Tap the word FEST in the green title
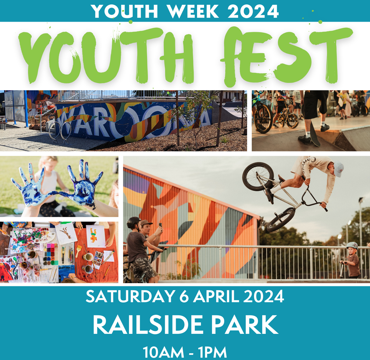pyautogui.click(x=286, y=55)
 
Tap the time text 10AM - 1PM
pyautogui.click(x=185, y=352)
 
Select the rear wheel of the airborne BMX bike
pyautogui.click(x=258, y=177)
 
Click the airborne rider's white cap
pyautogui.click(x=339, y=169)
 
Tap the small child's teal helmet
pyautogui.click(x=352, y=246)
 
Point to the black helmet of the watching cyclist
pyautogui.click(x=134, y=222)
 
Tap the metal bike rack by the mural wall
pyautogui.click(x=59, y=132)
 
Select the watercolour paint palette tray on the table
pyautogui.click(x=50, y=254)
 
